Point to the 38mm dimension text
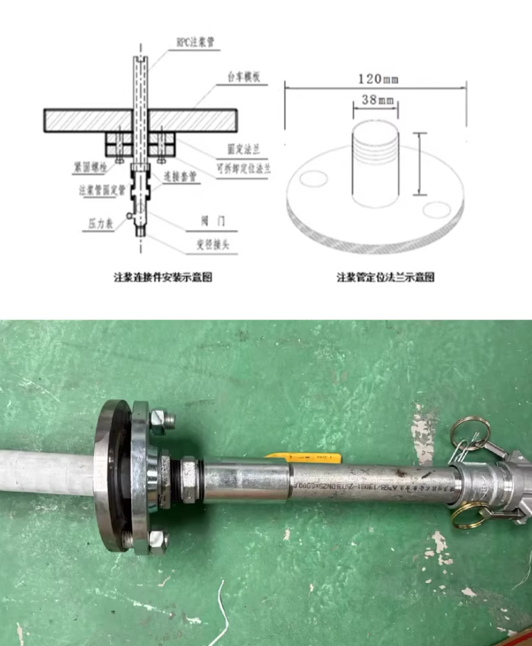coord(375,98)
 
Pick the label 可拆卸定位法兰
coord(243,168)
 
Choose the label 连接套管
coord(180,177)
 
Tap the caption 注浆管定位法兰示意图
coord(386,277)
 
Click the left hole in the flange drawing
coord(314,179)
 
